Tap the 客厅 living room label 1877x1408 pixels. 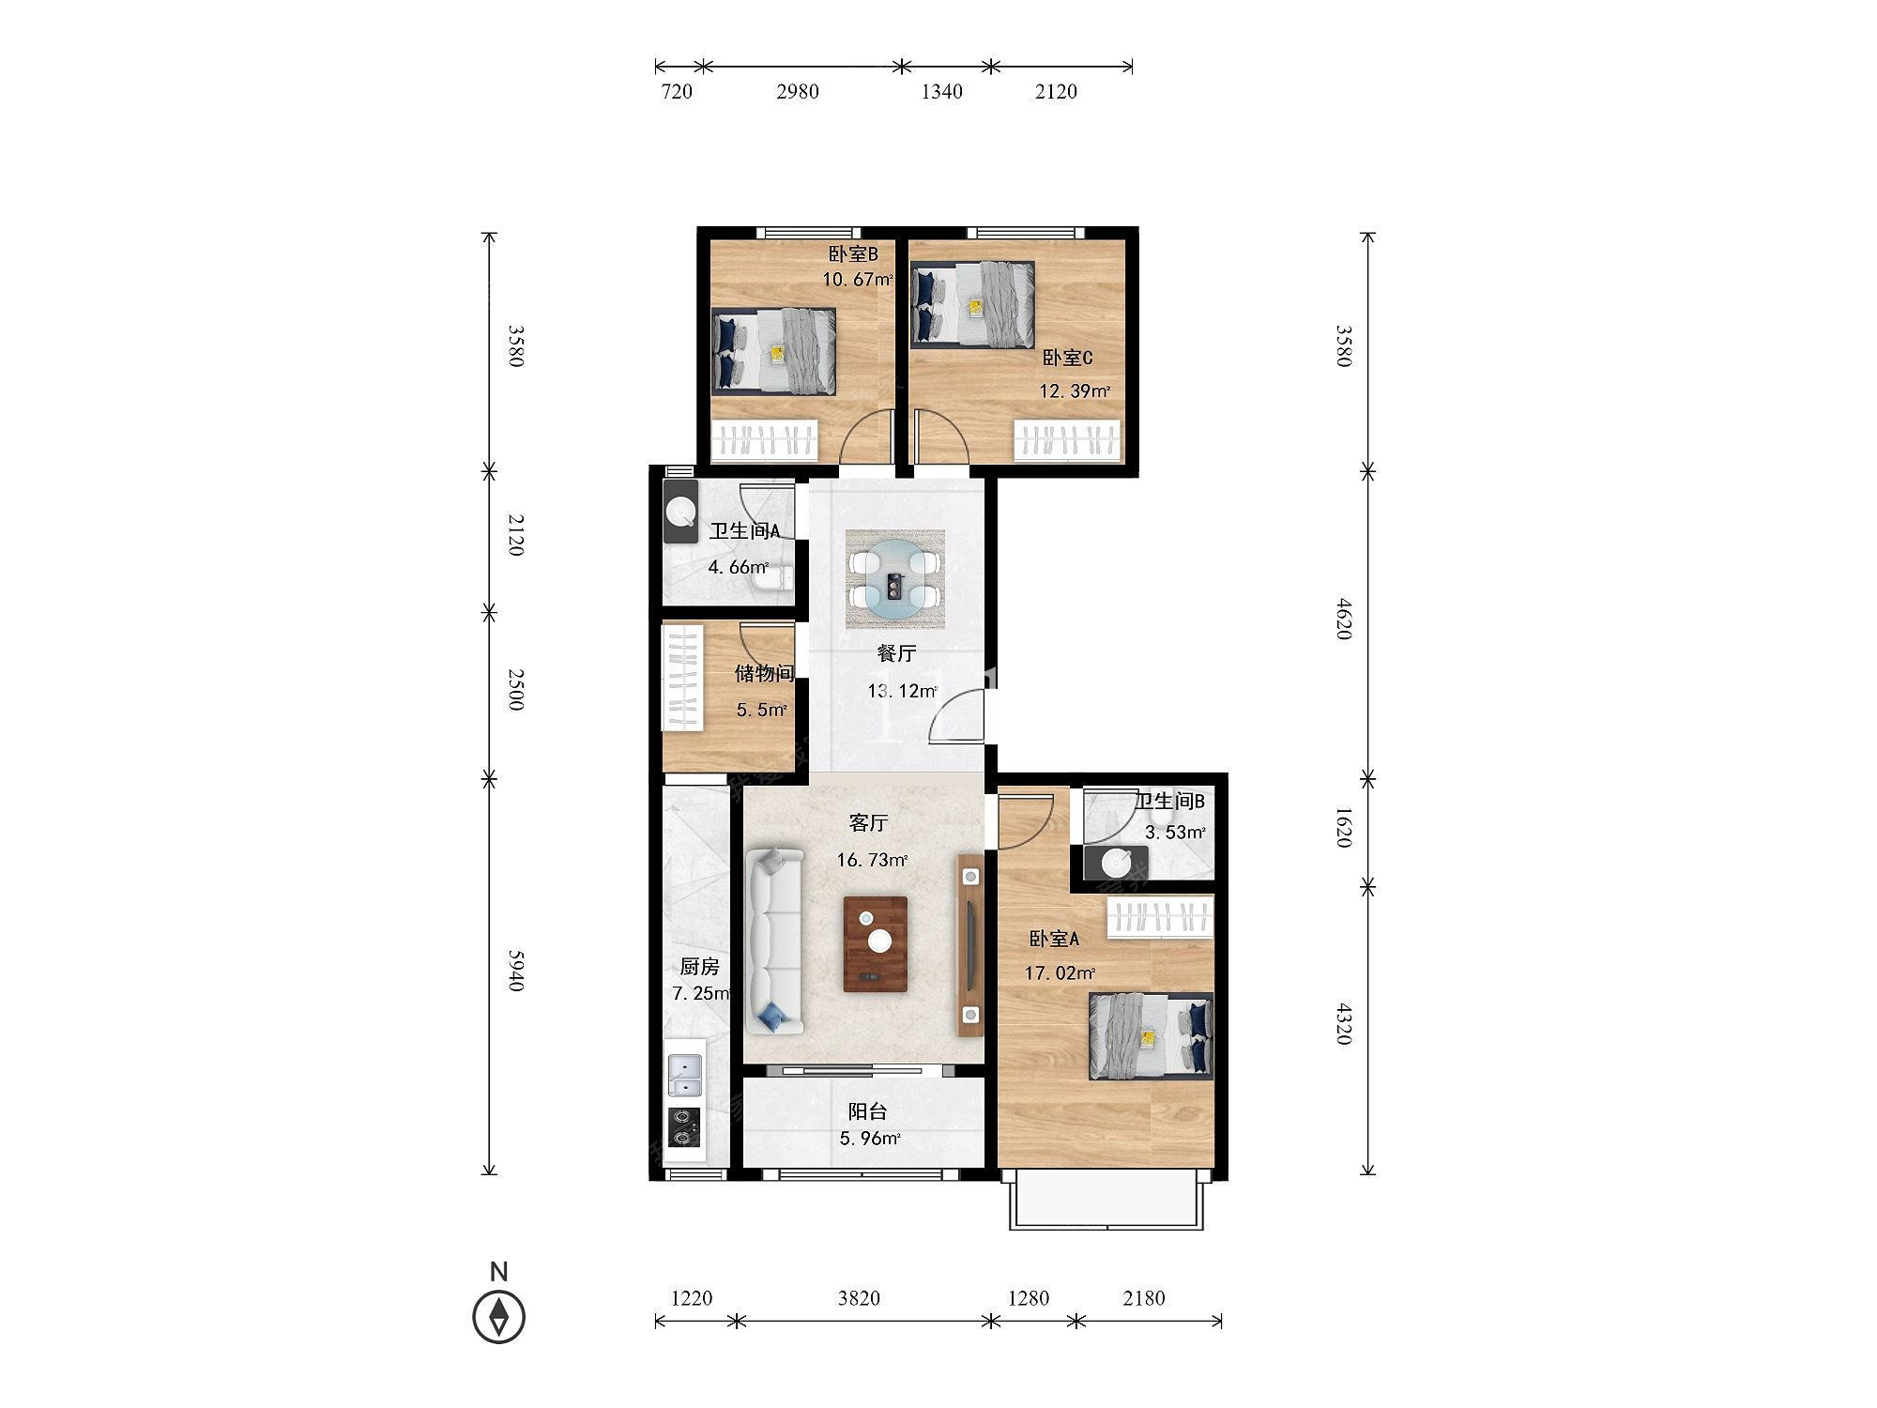pyautogui.click(x=868, y=823)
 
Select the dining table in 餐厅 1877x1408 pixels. pyautogui.click(x=894, y=579)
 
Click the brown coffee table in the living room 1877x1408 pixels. pyautogui.click(x=876, y=944)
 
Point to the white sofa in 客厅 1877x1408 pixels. pyautogui.click(x=775, y=941)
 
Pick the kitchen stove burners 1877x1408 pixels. pyautogui.click(x=684, y=1127)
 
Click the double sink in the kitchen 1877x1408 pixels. pyautogui.click(x=684, y=1076)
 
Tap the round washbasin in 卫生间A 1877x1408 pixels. pyautogui.click(x=680, y=512)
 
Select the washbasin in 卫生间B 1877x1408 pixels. pyautogui.click(x=1116, y=862)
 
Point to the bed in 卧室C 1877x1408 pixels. pyautogui.click(x=972, y=305)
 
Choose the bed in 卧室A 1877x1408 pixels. pyautogui.click(x=1151, y=1036)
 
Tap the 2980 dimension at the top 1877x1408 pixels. pyautogui.click(x=798, y=91)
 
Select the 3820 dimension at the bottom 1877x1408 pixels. pyautogui.click(x=859, y=1298)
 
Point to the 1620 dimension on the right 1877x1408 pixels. pyautogui.click(x=1343, y=827)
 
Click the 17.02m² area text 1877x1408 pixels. pyautogui.click(x=1060, y=973)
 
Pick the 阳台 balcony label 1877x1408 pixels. pyautogui.click(x=868, y=1112)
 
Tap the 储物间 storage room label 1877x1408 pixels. pyautogui.click(x=764, y=673)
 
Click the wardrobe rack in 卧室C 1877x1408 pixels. pyautogui.click(x=1068, y=440)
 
